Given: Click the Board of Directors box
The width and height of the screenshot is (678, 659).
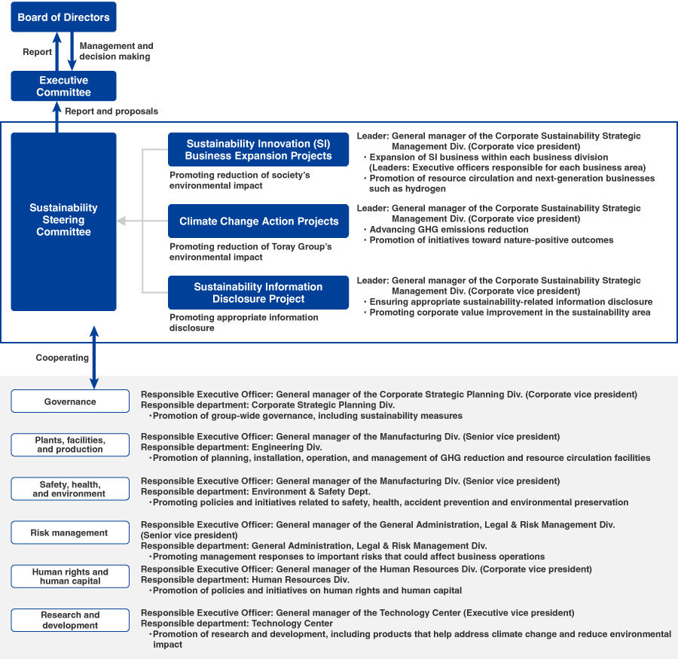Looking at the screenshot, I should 63,17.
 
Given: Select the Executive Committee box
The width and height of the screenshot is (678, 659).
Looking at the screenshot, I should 63,86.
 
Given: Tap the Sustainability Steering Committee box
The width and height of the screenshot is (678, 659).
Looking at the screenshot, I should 63,221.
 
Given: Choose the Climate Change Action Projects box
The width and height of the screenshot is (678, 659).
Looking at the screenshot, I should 258,221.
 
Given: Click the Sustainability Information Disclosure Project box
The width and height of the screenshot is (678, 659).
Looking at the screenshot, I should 258,292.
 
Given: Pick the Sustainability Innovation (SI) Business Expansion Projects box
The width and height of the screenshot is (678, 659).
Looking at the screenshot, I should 258,150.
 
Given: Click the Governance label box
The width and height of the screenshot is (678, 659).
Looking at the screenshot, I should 70,401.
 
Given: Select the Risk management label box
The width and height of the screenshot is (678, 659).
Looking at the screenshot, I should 70,532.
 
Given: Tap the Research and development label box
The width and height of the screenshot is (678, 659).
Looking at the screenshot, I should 70,620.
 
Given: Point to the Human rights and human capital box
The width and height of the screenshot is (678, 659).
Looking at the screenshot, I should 70,576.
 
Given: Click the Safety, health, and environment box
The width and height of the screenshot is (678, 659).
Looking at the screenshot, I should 70,489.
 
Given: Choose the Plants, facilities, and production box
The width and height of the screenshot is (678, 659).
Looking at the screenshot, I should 70,444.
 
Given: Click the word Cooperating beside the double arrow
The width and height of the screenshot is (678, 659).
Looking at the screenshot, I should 63,358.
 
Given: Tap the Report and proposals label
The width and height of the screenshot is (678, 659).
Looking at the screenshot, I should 111,111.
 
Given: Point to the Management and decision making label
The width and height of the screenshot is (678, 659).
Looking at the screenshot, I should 116,51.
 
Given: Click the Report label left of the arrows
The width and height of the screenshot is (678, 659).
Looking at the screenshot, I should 37,52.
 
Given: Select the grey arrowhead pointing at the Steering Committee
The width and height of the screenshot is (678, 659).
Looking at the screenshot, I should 122,221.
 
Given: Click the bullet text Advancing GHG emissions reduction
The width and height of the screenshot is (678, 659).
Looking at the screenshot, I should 449,230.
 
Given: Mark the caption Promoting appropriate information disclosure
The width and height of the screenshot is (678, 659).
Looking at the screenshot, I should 243,322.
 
